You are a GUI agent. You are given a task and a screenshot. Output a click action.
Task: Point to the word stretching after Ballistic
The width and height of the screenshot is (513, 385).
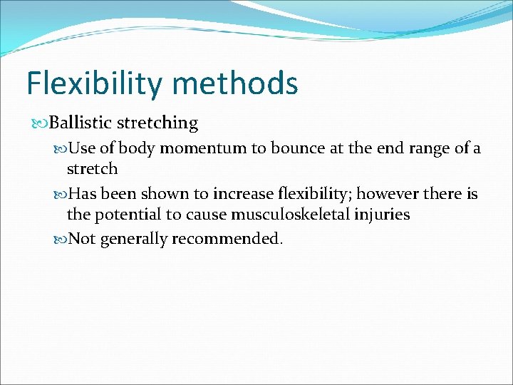pos(157,123)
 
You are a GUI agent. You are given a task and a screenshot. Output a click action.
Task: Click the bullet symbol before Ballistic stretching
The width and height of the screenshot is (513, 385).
pos(41,123)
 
